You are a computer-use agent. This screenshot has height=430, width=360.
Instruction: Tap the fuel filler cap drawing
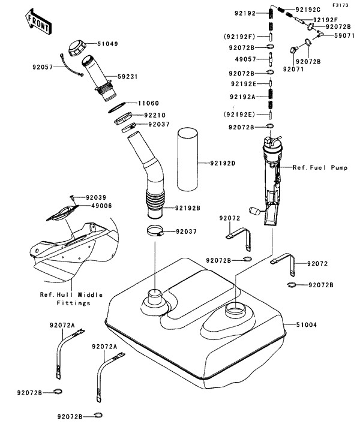[77, 47]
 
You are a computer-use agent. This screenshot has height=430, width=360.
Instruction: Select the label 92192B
[187, 208]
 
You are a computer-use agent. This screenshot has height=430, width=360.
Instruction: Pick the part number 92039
[95, 197]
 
